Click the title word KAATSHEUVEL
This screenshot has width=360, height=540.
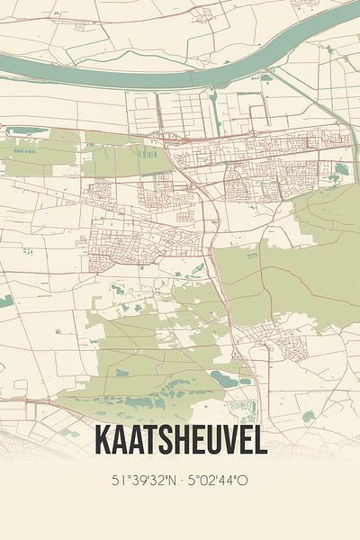(180, 442)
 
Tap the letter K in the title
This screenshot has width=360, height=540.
(103, 442)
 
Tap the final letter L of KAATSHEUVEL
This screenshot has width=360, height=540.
(259, 442)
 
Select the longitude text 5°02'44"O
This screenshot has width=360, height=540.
(221, 481)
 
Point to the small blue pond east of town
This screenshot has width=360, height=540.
(340, 168)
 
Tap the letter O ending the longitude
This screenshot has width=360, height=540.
(245, 481)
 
